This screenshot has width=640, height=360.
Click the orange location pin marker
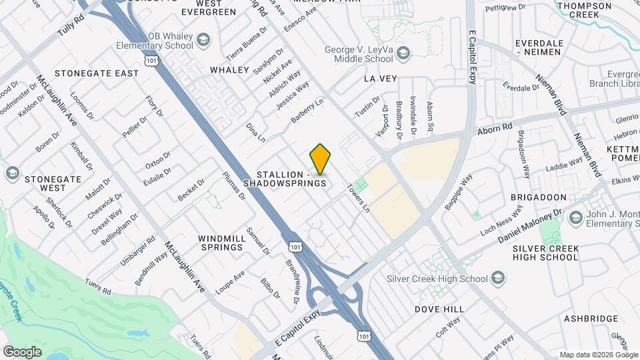(320, 159)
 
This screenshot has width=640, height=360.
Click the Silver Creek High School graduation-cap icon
(496, 278)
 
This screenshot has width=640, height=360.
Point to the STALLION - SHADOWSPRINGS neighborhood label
(285, 177)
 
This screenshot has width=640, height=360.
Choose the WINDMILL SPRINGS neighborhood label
(221, 242)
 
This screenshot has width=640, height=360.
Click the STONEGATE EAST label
(97, 73)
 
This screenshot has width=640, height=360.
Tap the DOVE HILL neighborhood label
(439, 309)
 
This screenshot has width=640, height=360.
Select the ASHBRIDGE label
(591, 319)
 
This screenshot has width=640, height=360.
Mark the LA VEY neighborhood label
(380, 79)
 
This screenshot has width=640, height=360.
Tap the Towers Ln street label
(357, 198)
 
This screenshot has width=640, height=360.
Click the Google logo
(22, 351)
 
